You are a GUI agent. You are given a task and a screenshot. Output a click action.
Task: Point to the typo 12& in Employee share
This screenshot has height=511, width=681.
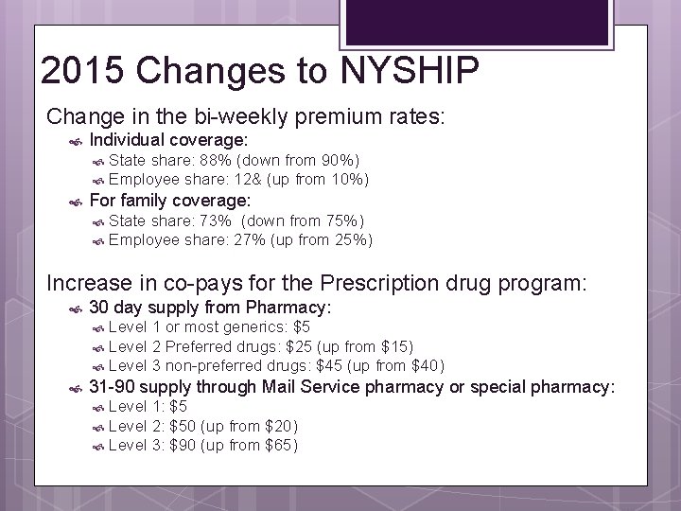click(x=248, y=179)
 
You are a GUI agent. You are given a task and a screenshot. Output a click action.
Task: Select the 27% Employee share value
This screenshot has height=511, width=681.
click(x=248, y=239)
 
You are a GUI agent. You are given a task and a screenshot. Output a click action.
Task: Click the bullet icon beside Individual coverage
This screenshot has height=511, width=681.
click(x=77, y=140)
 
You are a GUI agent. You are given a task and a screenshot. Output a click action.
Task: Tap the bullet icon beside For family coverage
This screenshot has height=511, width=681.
click(x=77, y=202)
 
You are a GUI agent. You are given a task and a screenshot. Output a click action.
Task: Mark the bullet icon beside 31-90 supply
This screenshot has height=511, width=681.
click(x=77, y=387)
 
